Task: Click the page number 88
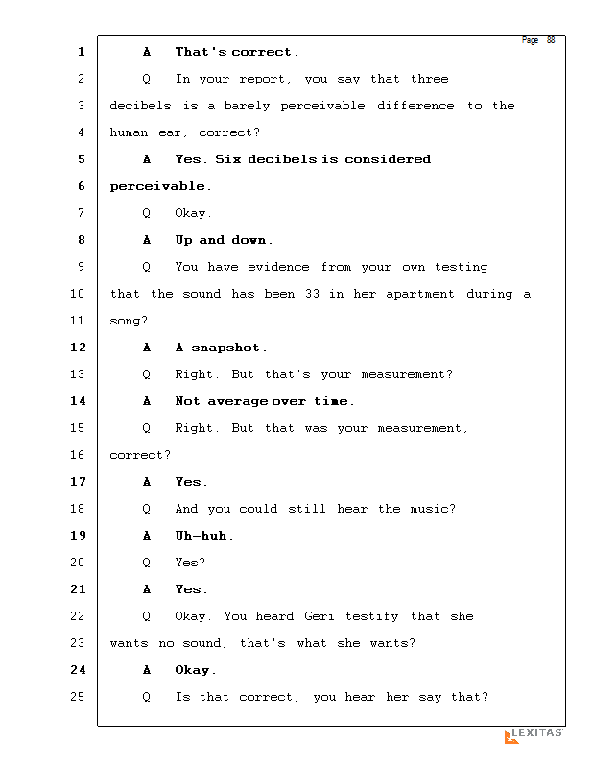tap(551, 40)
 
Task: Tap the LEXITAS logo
tap(534, 735)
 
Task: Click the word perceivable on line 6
tap(157, 186)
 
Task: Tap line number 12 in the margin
tap(77, 348)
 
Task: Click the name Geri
tap(320, 616)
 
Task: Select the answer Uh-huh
tap(202, 536)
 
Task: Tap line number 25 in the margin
tap(77, 697)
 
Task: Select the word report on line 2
tap(262, 79)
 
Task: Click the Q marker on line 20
tap(146, 563)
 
